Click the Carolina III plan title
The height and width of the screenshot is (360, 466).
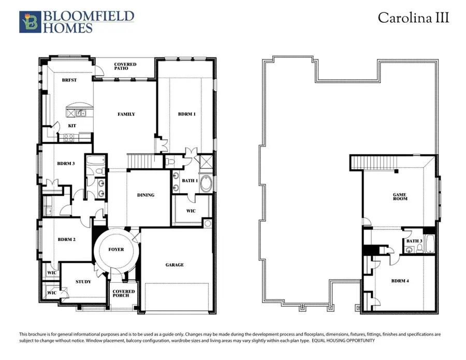point(413,17)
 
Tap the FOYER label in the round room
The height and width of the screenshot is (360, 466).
point(116,250)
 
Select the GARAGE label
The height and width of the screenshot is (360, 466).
point(174,265)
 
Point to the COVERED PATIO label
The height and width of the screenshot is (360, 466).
point(125,67)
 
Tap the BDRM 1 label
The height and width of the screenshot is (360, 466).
point(186,114)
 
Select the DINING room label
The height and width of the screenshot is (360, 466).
point(145,195)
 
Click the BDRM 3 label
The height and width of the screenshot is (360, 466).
point(66,164)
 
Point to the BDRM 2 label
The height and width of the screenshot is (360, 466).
point(67,239)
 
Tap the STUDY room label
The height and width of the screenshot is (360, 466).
point(83,282)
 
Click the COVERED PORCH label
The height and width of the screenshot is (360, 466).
point(124,294)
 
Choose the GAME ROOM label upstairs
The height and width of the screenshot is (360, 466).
point(399,197)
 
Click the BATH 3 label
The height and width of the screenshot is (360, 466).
point(414,241)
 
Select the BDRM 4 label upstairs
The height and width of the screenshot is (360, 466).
point(400,281)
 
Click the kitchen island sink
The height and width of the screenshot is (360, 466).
point(80,113)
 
